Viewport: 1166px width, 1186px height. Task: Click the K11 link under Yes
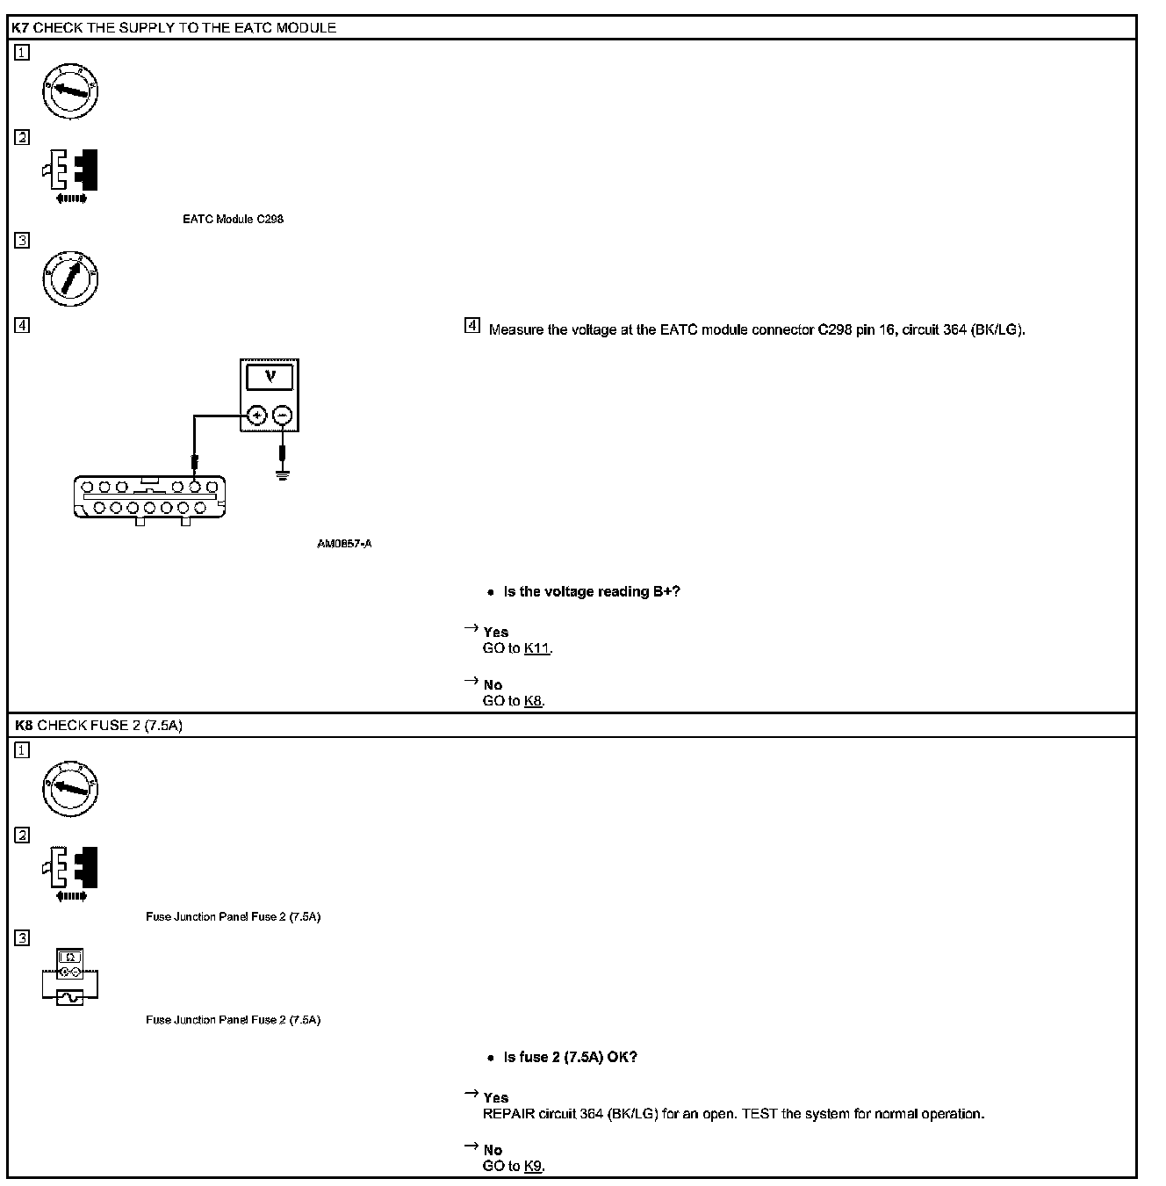pos(536,648)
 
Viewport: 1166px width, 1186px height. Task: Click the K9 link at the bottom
pos(533,1166)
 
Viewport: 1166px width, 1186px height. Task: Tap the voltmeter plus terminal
pos(256,416)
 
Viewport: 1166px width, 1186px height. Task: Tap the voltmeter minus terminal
pos(282,416)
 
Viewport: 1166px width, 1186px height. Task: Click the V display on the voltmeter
pos(270,377)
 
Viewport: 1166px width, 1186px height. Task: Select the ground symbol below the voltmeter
pos(282,477)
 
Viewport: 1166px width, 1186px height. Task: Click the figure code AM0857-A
pos(344,544)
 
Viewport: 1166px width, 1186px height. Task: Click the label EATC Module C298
pos(233,219)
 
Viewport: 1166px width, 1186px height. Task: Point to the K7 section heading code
pos(21,28)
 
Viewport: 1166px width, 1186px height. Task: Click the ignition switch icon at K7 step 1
pos(70,90)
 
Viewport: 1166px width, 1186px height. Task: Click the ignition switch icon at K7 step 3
pos(70,279)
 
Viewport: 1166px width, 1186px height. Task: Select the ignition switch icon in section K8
pos(70,788)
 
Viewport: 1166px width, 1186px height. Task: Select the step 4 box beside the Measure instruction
pos(472,327)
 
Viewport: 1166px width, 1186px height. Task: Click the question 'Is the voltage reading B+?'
pos(591,591)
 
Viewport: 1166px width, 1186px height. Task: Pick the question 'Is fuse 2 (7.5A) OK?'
pos(570,1057)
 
